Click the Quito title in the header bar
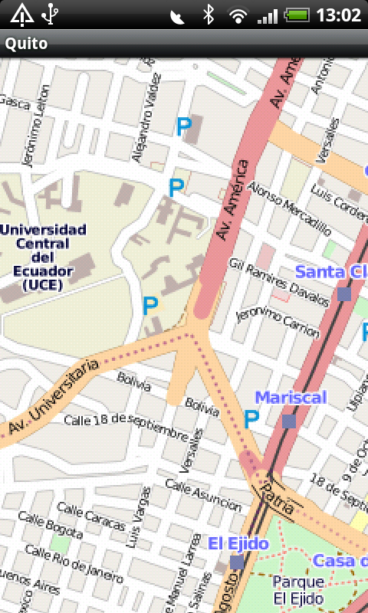tap(27, 44)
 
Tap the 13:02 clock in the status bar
tap(338, 15)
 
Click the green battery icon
tap(297, 15)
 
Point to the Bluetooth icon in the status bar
tap(208, 15)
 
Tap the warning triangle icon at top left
tap(21, 14)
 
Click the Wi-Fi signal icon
tap(238, 15)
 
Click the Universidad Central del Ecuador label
tap(44, 257)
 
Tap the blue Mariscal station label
tap(291, 397)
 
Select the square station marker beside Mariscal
tap(288, 421)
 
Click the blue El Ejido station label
tap(238, 543)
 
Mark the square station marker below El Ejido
tap(237, 563)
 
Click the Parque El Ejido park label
tap(297, 590)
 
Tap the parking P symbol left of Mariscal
tap(251, 419)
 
